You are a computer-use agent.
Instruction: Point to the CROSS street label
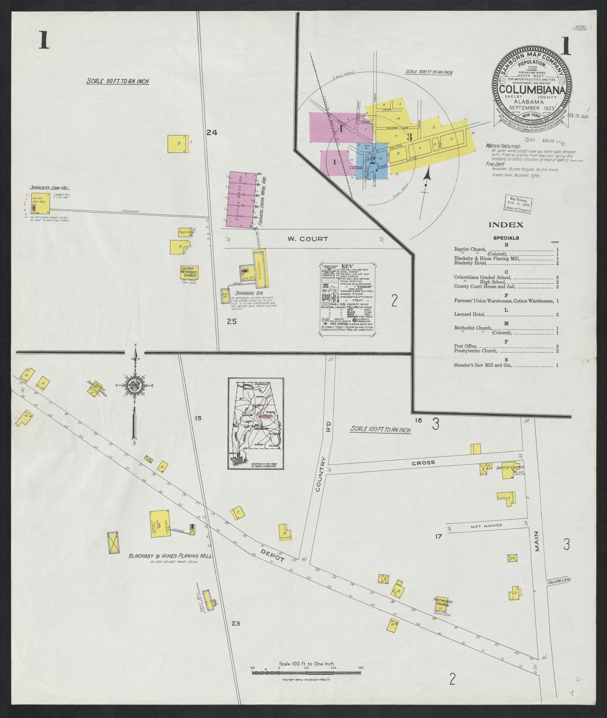coord(423,462)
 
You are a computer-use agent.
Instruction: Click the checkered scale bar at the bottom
coord(306,684)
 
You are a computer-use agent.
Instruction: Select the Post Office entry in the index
coord(465,346)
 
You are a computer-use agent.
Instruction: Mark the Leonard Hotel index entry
coord(470,314)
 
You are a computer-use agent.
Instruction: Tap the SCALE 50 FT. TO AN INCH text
coord(117,81)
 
